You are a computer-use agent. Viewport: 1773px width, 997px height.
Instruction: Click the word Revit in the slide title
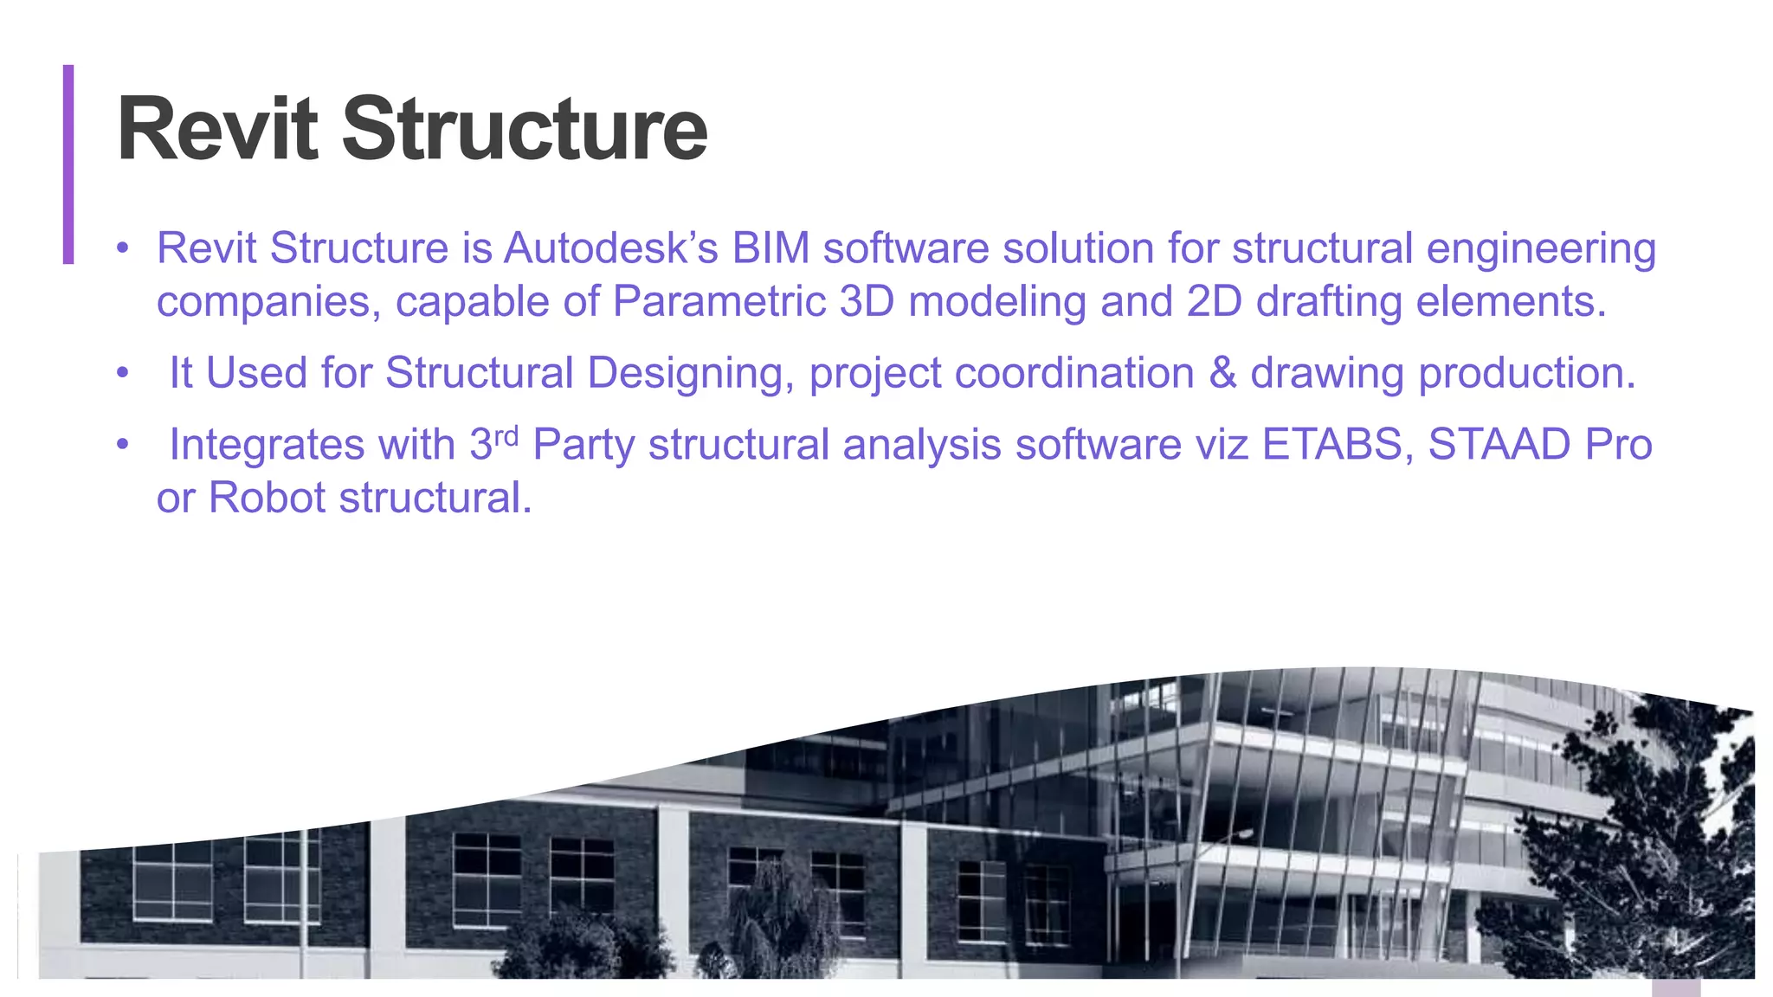pos(217,130)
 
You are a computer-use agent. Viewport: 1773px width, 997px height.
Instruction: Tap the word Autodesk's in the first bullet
pos(611,248)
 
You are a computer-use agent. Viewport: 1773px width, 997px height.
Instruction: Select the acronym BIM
pos(770,248)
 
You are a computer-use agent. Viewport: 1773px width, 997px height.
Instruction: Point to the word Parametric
pos(719,302)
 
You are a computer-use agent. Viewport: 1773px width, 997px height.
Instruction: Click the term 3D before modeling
pos(867,302)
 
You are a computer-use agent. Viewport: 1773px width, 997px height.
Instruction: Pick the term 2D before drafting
pos(1214,302)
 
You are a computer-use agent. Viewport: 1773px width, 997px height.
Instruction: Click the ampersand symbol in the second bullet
pos(1222,374)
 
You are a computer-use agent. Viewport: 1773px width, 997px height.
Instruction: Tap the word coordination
pos(1074,374)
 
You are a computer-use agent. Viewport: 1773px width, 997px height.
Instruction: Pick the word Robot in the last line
pos(268,498)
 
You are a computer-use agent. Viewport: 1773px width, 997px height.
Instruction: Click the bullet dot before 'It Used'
pos(123,374)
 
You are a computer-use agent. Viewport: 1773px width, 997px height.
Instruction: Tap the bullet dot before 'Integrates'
pos(123,445)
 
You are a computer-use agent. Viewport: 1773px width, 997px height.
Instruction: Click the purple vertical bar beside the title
pos(68,164)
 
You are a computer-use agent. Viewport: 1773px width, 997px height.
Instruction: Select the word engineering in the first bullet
pos(1541,250)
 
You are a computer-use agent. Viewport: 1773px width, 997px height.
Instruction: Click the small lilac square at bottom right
pos(1675,987)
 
